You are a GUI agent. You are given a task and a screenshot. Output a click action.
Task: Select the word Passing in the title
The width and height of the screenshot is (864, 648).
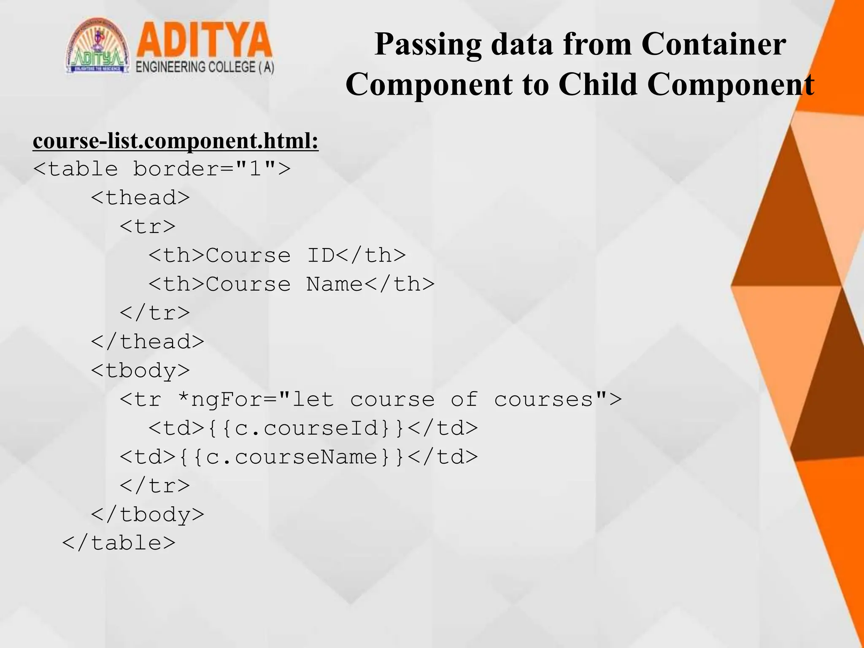[428, 45]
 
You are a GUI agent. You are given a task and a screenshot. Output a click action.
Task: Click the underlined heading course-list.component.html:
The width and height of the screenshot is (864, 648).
[175, 141]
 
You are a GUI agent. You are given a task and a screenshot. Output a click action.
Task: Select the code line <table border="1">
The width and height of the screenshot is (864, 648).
[162, 169]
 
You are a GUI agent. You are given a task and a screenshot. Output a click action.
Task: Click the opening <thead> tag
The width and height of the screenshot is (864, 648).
[140, 198]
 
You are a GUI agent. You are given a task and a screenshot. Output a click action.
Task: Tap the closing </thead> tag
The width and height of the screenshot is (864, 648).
[148, 342]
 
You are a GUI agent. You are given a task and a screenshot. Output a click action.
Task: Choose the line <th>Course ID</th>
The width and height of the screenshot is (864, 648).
[277, 255]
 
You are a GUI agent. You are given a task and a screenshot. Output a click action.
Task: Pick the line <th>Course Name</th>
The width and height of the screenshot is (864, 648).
[292, 284]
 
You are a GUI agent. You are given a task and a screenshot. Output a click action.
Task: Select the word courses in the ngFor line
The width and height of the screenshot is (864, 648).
[543, 400]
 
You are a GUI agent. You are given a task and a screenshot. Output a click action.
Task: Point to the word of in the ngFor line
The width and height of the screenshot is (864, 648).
[464, 400]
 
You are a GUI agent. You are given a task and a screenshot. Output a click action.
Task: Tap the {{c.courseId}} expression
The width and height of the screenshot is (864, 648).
[305, 428]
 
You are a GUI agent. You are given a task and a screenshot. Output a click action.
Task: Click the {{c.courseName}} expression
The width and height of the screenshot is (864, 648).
[291, 457]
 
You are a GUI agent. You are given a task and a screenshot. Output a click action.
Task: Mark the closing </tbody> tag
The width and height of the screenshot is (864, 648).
[148, 515]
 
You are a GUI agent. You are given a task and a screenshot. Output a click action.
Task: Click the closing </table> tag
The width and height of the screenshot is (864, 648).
[119, 543]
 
